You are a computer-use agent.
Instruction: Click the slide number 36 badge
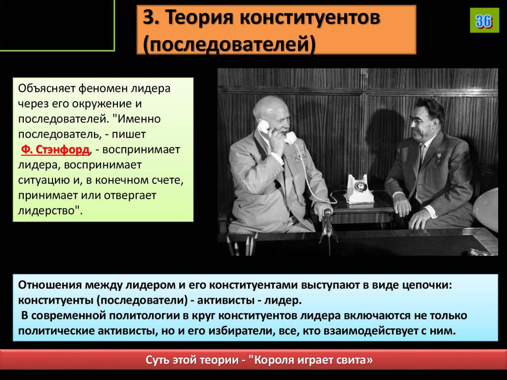point(484,21)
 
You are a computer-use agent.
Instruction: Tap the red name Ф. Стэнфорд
point(55,150)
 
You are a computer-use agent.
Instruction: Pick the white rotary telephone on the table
point(358,190)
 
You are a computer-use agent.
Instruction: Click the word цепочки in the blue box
point(425,286)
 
